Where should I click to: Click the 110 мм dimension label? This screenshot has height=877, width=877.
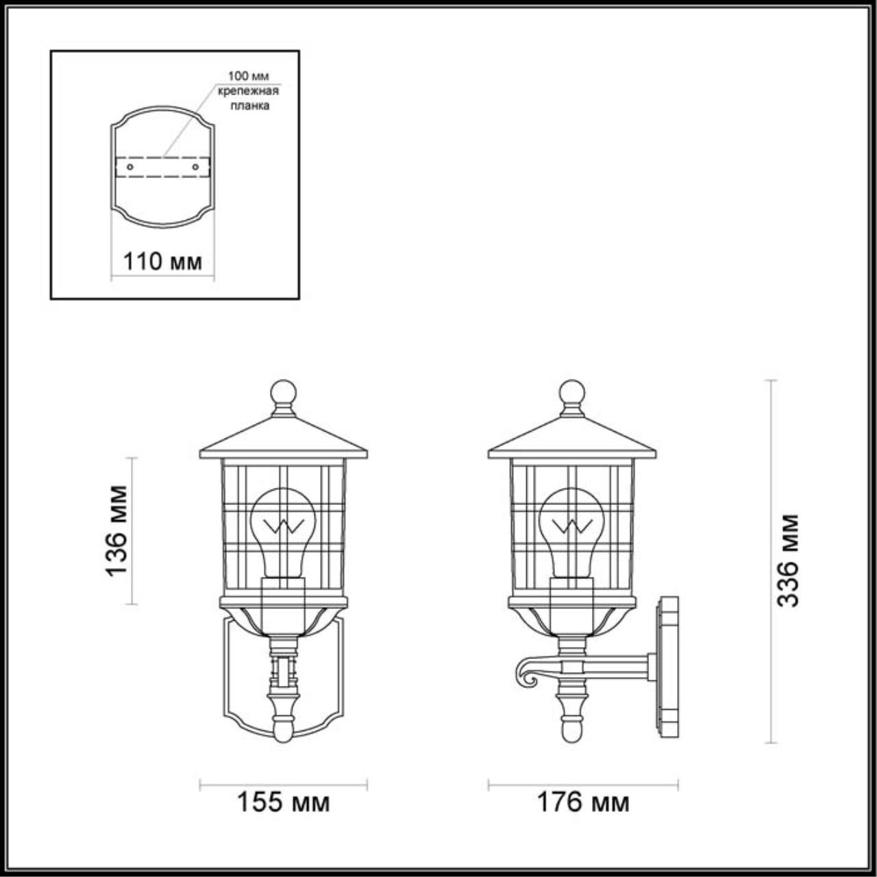coord(162,261)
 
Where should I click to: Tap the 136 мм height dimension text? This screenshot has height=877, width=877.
coord(117,530)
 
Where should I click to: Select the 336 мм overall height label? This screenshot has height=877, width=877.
coord(788,560)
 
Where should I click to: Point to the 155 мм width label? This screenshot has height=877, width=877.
coord(283,802)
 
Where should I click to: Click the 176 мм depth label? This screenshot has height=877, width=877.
coord(582,802)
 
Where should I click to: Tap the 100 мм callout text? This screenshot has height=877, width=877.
coord(248,75)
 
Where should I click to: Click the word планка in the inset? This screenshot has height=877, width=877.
coord(249,106)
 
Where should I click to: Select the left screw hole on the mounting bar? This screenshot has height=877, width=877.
coord(129,166)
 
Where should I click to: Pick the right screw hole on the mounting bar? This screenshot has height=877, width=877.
coord(196,166)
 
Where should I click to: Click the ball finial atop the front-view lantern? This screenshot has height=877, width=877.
coord(283,393)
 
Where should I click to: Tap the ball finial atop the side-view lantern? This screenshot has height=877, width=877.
coord(571,393)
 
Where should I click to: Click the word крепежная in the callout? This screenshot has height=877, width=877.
coord(248,90)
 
